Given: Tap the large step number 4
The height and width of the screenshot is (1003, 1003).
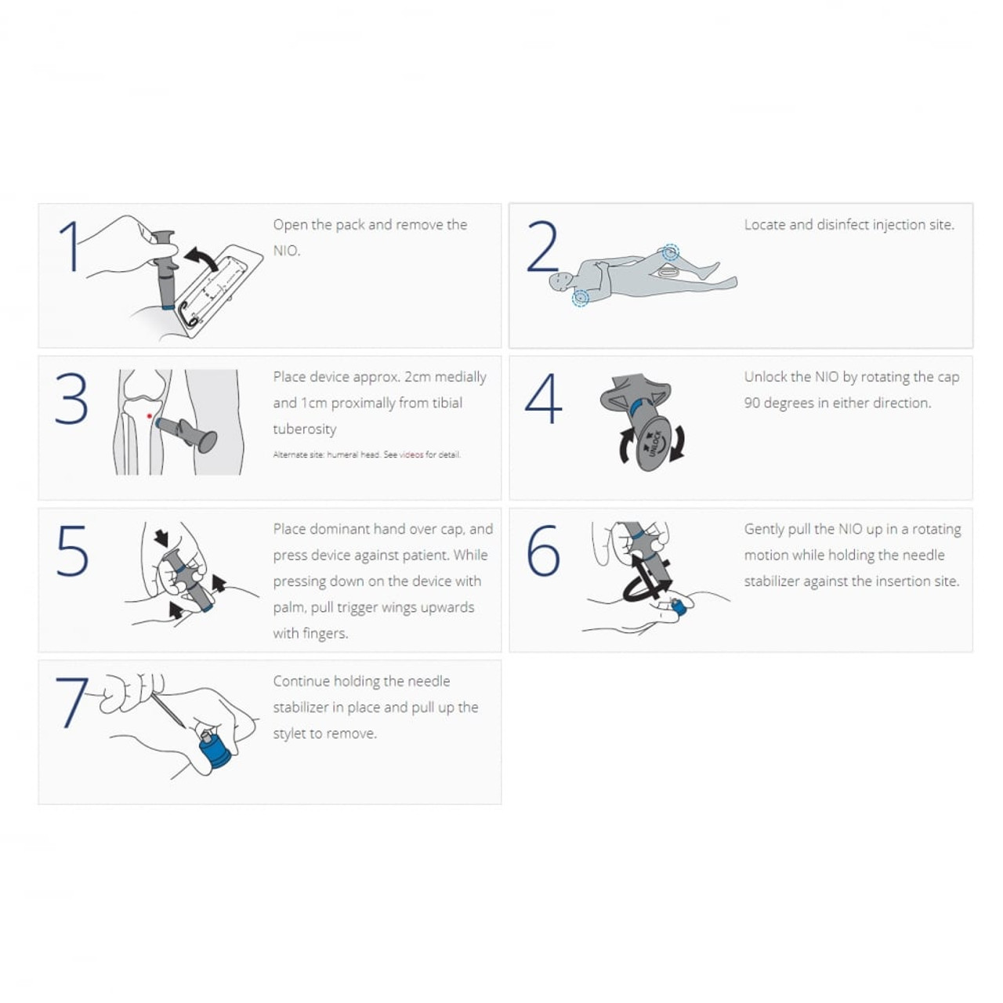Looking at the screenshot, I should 543,398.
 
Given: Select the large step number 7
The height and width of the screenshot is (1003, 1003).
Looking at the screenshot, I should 71,701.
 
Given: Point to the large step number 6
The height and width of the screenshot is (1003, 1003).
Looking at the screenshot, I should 543,550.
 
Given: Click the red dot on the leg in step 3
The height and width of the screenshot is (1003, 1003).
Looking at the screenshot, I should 149,416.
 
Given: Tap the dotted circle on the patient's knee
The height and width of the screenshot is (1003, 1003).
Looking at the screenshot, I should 670,252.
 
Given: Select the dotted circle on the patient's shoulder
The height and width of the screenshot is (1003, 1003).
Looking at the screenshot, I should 581,297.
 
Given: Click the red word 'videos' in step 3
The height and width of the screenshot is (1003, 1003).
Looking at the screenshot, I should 411,454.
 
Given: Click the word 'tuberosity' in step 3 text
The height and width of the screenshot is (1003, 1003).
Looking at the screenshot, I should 305,429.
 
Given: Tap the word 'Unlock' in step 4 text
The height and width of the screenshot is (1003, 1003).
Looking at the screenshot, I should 766,377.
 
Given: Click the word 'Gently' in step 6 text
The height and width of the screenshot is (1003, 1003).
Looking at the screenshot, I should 764,529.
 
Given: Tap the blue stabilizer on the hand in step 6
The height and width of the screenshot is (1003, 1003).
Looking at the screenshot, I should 678,606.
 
